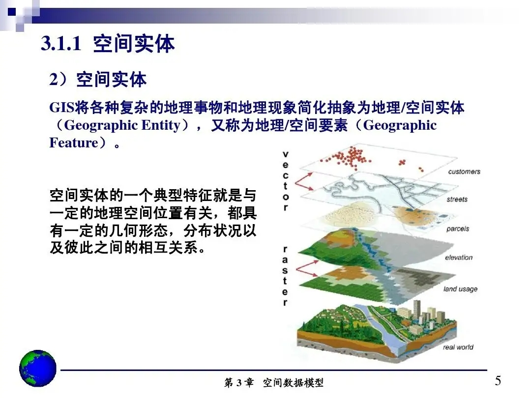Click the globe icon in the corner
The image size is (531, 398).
pyautogui.click(x=37, y=369)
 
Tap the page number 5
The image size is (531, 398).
pyautogui.click(x=498, y=381)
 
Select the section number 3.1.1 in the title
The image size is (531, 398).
pyautogui.click(x=60, y=45)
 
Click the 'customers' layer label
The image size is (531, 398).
pyautogui.click(x=464, y=171)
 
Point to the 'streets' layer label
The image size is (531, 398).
pyautogui.click(x=457, y=199)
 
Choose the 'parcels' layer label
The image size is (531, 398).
pyautogui.click(x=457, y=228)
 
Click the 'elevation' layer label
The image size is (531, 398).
pyautogui.click(x=458, y=257)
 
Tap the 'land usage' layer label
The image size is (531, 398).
pyautogui.click(x=460, y=289)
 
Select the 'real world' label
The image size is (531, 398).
pyautogui.click(x=458, y=347)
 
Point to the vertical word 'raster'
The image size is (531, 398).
pyautogui.click(x=286, y=276)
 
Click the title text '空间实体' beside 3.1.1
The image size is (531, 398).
pyautogui.click(x=134, y=45)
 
